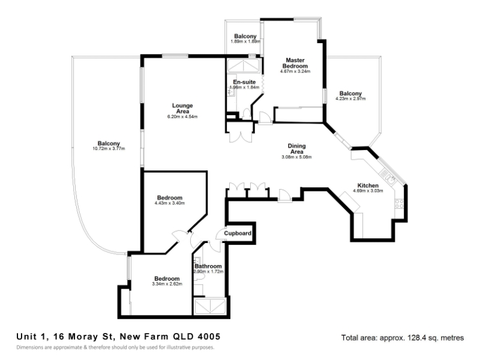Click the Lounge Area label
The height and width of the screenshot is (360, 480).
point(182,109)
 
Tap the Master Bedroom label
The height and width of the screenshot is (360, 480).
point(295,63)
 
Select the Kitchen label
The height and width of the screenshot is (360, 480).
point(368,185)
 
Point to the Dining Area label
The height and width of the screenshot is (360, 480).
point(296,149)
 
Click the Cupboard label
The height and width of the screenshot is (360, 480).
point(238,233)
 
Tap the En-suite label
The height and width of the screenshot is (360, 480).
point(244,82)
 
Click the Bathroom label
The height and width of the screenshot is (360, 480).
point(208,266)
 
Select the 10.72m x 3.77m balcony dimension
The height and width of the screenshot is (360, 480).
point(109,149)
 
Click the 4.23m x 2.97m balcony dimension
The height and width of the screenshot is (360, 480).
point(350,98)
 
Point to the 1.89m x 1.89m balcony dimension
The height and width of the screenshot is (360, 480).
point(245,41)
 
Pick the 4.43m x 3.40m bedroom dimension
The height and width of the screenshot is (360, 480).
point(170,203)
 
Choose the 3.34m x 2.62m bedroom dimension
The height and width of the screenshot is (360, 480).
point(167,284)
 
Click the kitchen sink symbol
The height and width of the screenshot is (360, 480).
point(388,177)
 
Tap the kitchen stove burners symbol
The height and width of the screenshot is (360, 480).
point(399,203)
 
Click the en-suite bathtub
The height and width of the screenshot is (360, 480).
point(244,66)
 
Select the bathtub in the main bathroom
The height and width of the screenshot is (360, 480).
point(211,307)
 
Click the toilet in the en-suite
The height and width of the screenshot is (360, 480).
point(247,114)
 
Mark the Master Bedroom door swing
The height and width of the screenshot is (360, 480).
point(265,117)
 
